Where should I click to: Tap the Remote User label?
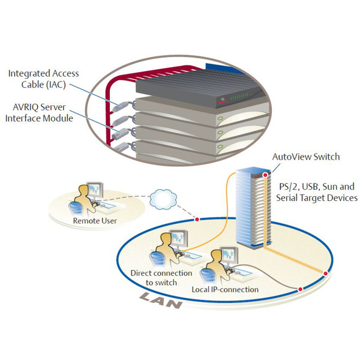[94, 221]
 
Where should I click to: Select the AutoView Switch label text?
[306, 157]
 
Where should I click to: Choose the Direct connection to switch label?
[161, 277]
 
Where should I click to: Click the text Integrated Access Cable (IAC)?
[43, 78]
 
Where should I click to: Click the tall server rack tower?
[249, 207]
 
